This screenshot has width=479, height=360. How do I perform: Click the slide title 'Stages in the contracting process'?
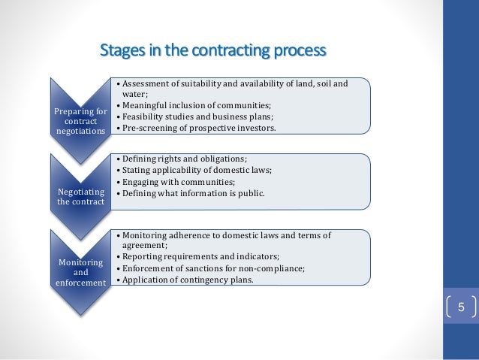213,52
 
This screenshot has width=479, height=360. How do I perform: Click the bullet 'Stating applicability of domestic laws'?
196,171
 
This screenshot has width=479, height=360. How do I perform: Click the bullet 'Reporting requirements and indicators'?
199,257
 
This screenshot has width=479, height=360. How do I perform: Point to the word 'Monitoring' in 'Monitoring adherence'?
144,234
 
